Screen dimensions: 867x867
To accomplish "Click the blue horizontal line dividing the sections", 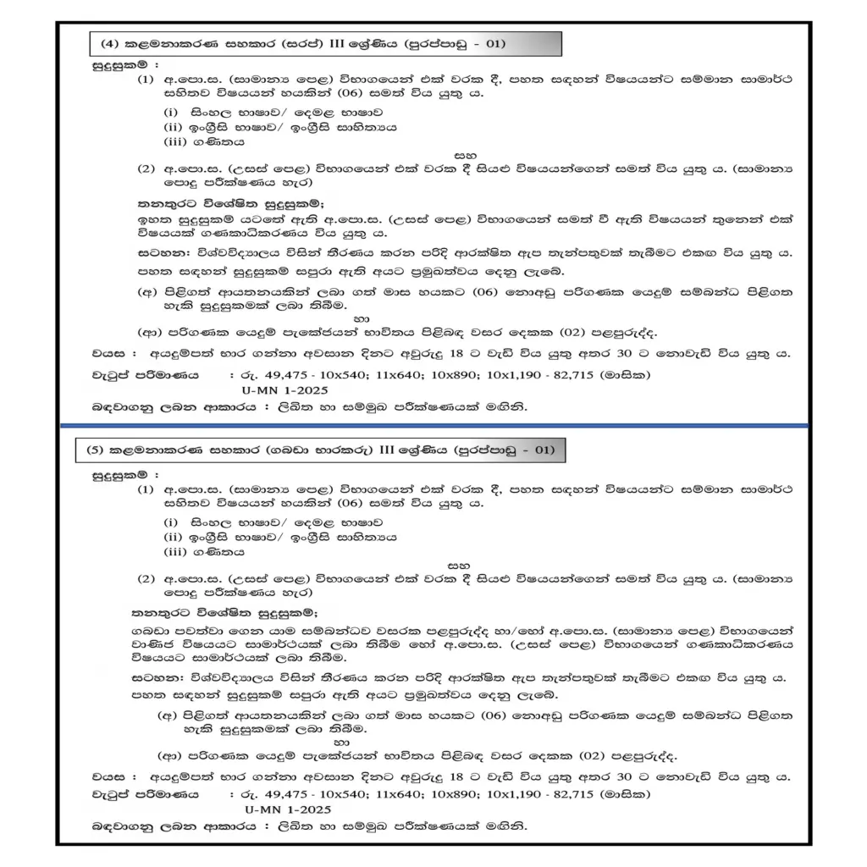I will point(433,425).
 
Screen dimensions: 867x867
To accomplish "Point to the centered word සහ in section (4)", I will point(464,156).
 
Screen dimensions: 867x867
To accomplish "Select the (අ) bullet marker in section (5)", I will point(168,717).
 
